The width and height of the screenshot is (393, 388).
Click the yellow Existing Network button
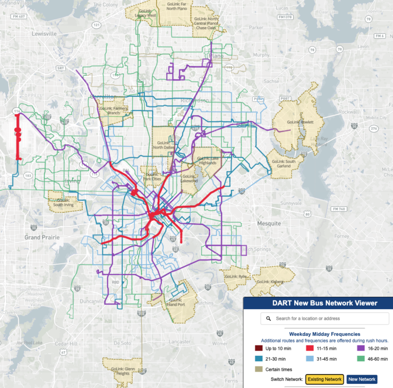[324, 379]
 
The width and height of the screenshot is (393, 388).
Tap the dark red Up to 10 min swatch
[258, 349]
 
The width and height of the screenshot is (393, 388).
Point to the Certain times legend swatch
[258, 369]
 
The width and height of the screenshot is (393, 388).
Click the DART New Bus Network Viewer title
[318, 303]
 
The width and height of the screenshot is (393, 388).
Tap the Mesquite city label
[269, 224]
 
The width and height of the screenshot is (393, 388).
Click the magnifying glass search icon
[268, 318]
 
